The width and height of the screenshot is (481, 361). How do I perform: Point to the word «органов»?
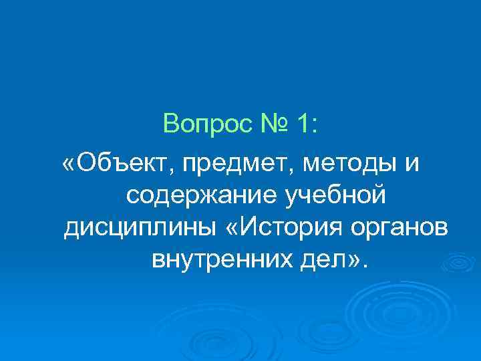[406, 228]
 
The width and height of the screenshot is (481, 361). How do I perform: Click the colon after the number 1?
[316, 124]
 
